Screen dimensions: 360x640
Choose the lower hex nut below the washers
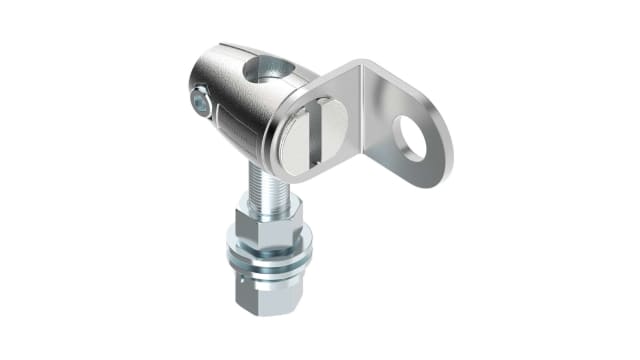point(270,290)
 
